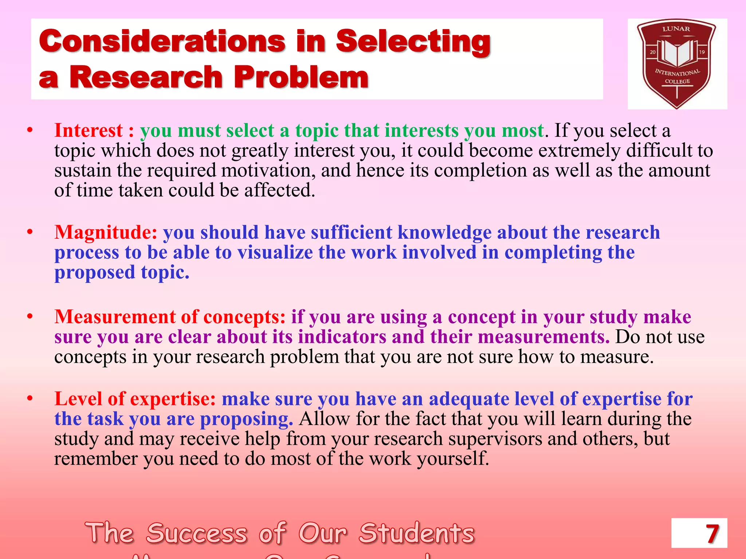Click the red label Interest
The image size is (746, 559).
click(x=89, y=130)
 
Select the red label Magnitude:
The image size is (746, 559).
click(x=106, y=233)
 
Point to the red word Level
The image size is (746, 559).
click(x=78, y=399)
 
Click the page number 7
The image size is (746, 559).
click(x=712, y=534)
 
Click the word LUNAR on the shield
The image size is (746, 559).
click(x=676, y=29)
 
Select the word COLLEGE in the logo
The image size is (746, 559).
click(x=677, y=82)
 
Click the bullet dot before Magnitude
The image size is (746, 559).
click(x=30, y=232)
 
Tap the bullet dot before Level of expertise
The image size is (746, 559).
click(x=30, y=399)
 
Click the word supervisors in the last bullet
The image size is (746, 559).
click(x=495, y=439)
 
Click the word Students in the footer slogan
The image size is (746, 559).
click(x=417, y=534)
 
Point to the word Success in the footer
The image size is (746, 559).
click(x=197, y=534)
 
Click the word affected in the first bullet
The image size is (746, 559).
click(x=279, y=190)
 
